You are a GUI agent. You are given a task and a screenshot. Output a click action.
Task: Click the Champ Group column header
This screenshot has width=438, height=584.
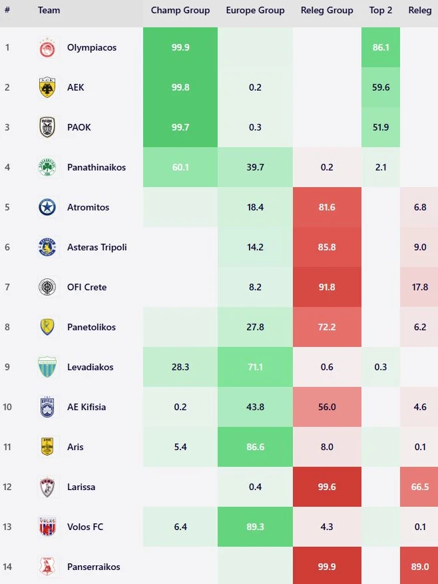[180, 11]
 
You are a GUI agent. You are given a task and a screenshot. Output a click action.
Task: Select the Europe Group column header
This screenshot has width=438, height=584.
[255, 11]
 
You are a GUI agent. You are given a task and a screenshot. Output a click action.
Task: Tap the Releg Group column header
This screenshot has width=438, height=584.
[327, 11]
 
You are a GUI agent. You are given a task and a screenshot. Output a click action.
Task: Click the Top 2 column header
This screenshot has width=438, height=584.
[381, 11]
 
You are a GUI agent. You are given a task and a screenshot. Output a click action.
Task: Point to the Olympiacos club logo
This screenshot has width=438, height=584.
[47, 48]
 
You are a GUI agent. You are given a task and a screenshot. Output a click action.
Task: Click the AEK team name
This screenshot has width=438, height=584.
[76, 87]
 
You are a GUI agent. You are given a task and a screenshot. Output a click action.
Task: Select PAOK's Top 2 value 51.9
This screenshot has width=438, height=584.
[381, 127]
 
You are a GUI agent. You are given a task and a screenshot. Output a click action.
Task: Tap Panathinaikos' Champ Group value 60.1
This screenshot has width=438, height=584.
[180, 167]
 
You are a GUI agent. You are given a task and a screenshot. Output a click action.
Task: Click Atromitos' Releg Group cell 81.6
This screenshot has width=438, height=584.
[327, 207]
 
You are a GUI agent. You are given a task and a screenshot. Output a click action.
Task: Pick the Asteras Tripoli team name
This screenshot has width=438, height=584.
[97, 247]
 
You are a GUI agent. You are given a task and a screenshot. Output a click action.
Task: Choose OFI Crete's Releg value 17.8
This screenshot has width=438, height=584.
[420, 287]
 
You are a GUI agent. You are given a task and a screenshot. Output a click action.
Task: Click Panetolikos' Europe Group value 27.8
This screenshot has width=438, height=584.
[255, 327]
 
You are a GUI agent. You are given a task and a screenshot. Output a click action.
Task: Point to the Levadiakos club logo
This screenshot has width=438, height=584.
[47, 367]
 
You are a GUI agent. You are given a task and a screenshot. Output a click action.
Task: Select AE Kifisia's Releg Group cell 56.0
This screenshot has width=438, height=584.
[327, 407]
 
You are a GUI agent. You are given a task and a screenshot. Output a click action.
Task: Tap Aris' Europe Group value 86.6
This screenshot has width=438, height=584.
[255, 447]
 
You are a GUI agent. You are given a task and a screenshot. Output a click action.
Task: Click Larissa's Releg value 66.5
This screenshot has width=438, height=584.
[420, 487]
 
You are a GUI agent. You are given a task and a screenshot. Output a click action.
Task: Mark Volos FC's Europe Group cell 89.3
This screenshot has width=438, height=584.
[255, 527]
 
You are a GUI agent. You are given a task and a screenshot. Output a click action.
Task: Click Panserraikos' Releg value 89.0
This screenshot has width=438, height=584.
[420, 567]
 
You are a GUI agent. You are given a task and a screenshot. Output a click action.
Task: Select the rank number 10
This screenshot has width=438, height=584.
[7, 407]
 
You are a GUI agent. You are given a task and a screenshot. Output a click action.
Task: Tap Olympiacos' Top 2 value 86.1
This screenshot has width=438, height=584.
[381, 48]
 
